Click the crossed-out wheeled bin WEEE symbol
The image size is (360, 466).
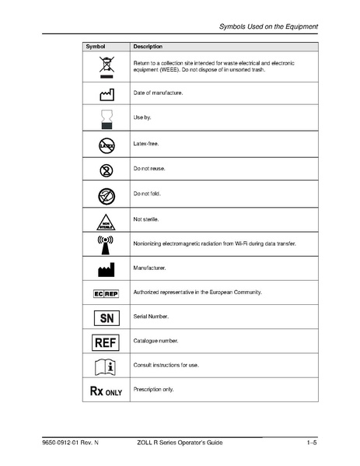106,67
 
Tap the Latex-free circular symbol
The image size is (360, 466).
106,145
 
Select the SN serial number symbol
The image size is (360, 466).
106,317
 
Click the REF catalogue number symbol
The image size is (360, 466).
106,342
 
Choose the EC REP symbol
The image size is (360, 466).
106,293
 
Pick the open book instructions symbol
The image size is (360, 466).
106,366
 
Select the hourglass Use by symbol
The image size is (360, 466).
106,118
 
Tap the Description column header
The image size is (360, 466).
149,47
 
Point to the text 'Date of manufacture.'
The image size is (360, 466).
159,93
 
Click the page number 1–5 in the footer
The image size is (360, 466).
312,443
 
